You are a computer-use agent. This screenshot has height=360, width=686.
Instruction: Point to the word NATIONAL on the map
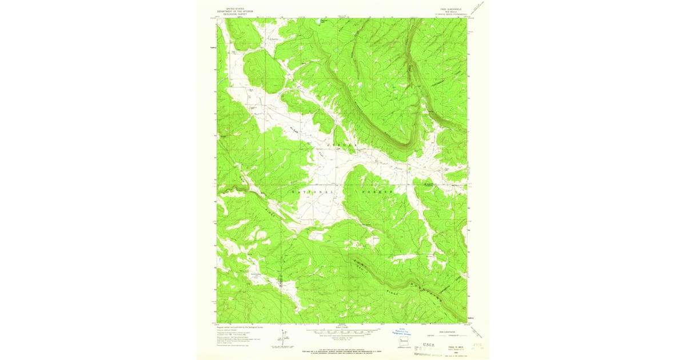(x=313, y=193)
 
